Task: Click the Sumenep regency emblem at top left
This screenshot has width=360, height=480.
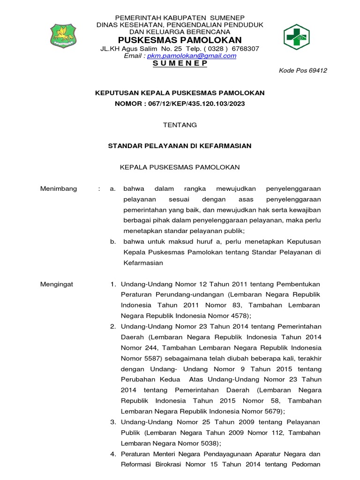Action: pyautogui.click(x=65, y=36)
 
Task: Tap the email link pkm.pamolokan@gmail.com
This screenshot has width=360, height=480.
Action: pyautogui.click(x=192, y=56)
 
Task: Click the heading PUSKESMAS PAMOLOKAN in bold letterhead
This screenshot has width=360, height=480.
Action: pyautogui.click(x=180, y=40)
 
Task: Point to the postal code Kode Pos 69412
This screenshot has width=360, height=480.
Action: pyautogui.click(x=303, y=71)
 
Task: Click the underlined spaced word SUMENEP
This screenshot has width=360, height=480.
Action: pyautogui.click(x=180, y=63)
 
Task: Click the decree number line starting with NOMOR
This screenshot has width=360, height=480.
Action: pyautogui.click(x=180, y=103)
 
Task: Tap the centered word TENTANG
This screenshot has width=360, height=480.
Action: pyautogui.click(x=180, y=125)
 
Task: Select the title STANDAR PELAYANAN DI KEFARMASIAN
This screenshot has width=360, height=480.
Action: pyautogui.click(x=180, y=146)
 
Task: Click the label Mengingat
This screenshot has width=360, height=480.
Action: pyautogui.click(x=57, y=285)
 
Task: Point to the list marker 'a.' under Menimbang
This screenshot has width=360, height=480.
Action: pyautogui.click(x=112, y=189)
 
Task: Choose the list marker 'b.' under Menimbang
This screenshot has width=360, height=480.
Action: pyautogui.click(x=112, y=242)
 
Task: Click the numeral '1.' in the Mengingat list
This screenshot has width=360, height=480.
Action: pyautogui.click(x=113, y=285)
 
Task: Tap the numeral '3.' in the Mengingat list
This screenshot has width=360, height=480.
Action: pyautogui.click(x=113, y=422)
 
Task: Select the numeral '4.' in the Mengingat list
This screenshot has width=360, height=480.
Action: pyautogui.click(x=113, y=454)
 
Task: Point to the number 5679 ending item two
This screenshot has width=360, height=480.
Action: pyautogui.click(x=273, y=412)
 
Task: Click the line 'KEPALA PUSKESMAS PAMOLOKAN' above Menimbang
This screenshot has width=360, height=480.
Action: pyautogui.click(x=180, y=167)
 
